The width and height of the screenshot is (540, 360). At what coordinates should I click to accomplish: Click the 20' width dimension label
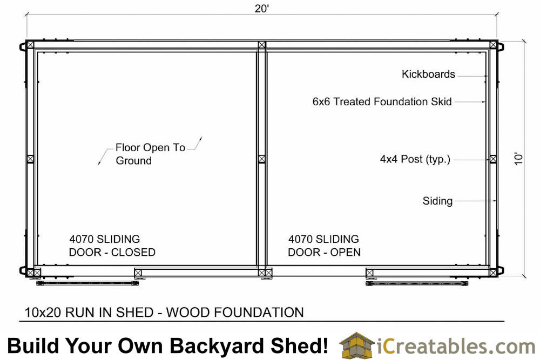pos(262,8)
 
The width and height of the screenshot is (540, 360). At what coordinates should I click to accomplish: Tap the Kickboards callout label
pos(428,74)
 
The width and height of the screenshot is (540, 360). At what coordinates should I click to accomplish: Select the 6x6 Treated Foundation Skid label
pos(382,101)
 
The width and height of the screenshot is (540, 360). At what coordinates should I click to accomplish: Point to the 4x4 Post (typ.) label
pos(415,159)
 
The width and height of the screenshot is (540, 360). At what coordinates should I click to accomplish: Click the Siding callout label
pos(437,201)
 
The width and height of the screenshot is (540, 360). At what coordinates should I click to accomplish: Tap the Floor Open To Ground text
pos(151,154)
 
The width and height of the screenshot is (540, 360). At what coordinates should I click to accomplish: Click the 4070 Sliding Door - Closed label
pos(112,246)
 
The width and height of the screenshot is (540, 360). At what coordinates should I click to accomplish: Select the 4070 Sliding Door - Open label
pos(324,246)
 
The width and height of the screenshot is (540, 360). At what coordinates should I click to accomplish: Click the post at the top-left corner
pos(30,45)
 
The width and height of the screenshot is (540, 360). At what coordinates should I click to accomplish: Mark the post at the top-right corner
pos(493,45)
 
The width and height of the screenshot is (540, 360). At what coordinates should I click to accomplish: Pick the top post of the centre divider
pos(262,45)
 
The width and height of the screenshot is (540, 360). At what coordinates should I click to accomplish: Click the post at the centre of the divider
pos(262,159)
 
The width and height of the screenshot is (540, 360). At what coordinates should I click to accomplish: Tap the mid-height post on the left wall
pos(30,159)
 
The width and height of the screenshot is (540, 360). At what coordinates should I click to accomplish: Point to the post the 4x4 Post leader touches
pos(493,159)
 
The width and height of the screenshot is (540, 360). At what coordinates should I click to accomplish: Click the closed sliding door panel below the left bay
pos(87,283)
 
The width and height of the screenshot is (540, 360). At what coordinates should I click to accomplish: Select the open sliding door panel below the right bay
pos(417,283)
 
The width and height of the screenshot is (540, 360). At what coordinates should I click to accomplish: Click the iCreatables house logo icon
pos(356,345)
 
